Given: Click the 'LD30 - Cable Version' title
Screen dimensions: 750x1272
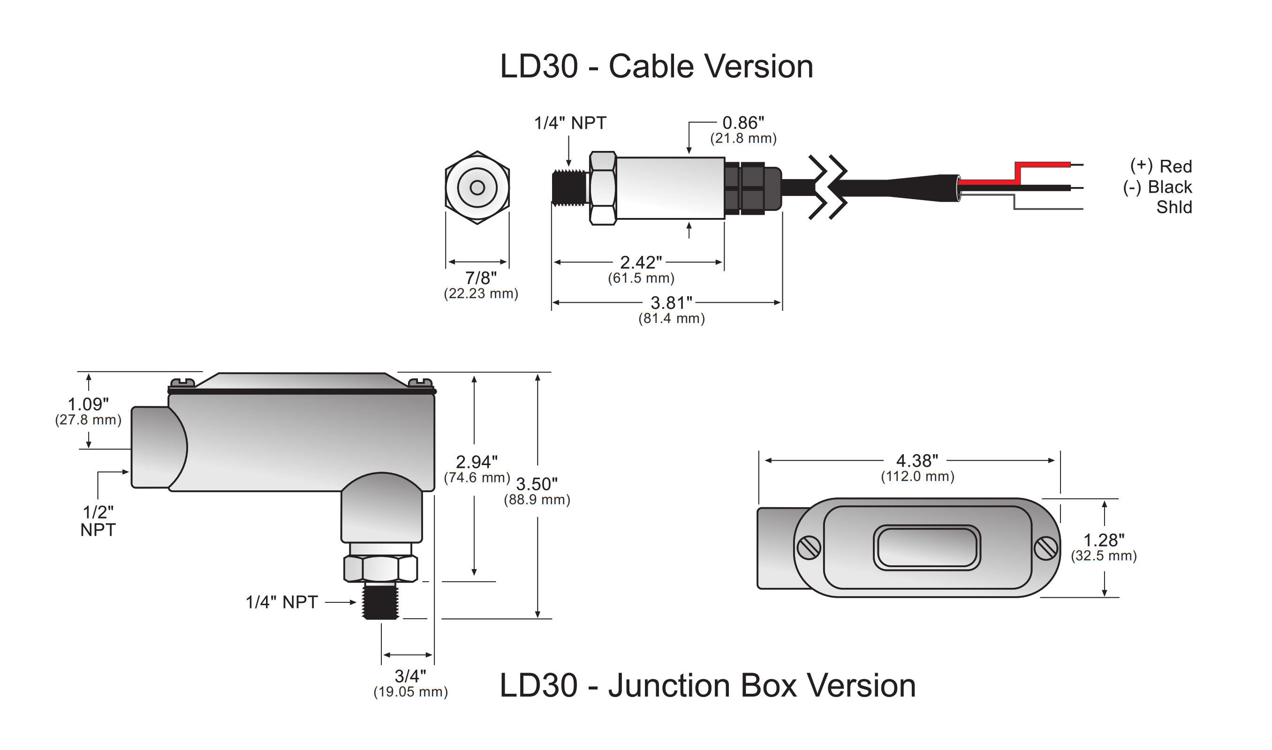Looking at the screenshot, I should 656,67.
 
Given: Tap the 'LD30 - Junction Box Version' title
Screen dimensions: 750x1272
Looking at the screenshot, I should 707,686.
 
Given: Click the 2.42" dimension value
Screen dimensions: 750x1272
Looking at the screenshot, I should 641,263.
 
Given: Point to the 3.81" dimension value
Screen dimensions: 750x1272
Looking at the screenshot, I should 671,303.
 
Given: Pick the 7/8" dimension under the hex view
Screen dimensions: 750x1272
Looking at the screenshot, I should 480,278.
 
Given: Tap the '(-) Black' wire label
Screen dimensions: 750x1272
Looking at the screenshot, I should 1157,187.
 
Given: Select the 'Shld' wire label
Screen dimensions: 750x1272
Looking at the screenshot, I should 1174,207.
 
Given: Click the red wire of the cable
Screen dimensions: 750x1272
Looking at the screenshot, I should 1041,165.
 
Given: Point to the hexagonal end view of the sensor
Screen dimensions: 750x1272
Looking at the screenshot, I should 477,187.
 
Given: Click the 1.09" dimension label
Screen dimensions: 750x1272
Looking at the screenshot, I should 88,405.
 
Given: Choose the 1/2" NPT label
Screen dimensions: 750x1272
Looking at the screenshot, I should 98,521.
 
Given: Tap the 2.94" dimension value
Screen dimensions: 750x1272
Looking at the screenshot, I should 476,462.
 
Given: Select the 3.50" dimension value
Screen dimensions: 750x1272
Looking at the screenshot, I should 537,484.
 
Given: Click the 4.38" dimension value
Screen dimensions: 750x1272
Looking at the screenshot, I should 916,461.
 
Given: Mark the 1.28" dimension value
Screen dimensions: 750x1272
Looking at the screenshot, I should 1104,540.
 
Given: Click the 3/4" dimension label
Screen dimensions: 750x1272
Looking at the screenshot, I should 410,676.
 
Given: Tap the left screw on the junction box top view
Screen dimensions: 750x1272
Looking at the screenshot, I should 809,548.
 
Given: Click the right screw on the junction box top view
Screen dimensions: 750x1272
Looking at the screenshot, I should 1045,548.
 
